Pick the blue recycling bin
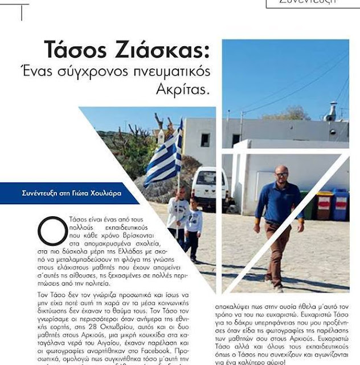[340, 204]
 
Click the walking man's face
[282, 174]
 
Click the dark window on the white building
[205, 140]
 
